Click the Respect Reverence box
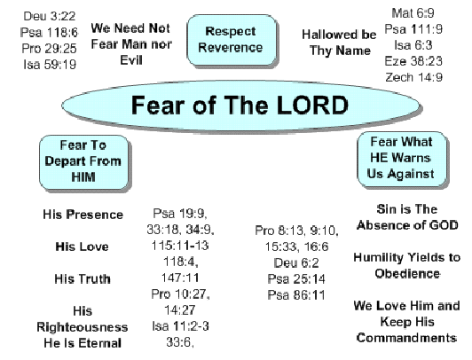[x=232, y=40]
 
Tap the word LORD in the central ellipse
[x=312, y=106]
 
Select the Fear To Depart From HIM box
[x=83, y=162]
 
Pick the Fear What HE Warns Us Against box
[x=402, y=159]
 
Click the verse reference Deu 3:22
[x=50, y=16]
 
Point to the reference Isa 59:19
[x=50, y=65]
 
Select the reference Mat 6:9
[x=413, y=13]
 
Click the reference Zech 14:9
[x=414, y=77]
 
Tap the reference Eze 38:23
[x=413, y=61]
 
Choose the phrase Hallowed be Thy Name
[x=339, y=43]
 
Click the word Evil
[x=131, y=60]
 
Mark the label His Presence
[x=83, y=215]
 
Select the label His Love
[x=82, y=247]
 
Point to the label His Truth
[x=83, y=278]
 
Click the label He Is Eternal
[x=83, y=343]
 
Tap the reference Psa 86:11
[x=296, y=294]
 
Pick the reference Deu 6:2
[x=296, y=262]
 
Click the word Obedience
[x=407, y=274]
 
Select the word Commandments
[x=406, y=338]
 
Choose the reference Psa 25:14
[x=296, y=278]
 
